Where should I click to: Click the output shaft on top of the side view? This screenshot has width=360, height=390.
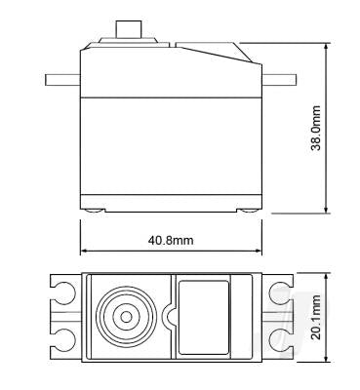tap(125, 30)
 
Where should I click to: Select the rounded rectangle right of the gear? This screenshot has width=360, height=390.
tap(203, 314)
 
